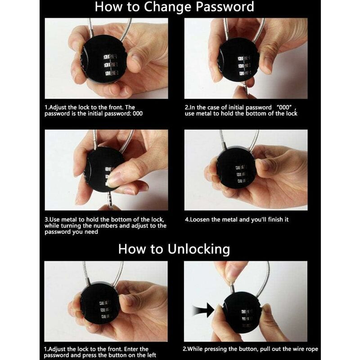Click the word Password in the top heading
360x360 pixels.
click(225, 7)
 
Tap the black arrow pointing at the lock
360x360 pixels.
click(203, 310)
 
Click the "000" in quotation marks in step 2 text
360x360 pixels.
click(284, 107)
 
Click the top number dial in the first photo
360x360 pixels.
click(110, 57)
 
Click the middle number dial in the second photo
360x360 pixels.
click(244, 66)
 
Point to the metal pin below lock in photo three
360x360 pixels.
click(109, 200)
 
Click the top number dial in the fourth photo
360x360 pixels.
click(241, 167)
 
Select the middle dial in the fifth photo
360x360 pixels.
click(104, 310)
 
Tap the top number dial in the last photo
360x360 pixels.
click(246, 311)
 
